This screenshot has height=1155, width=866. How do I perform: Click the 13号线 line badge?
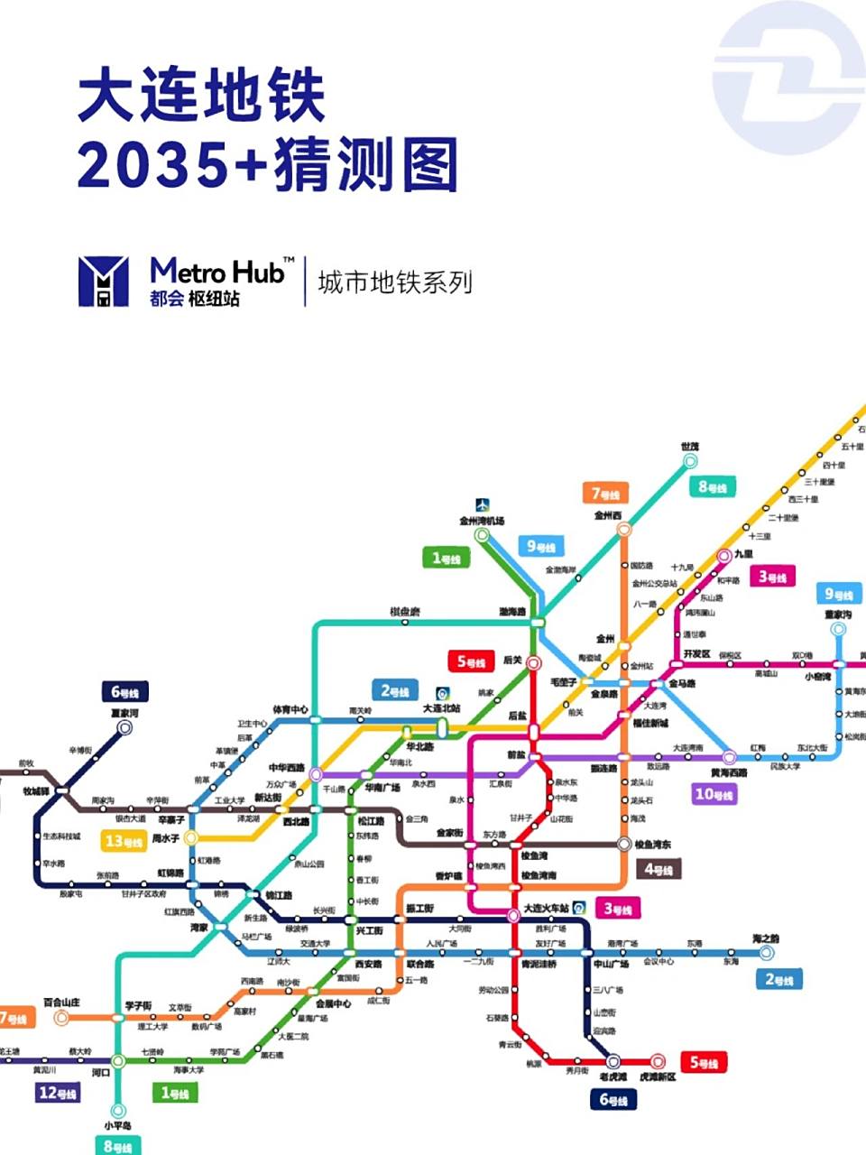[x=124, y=842]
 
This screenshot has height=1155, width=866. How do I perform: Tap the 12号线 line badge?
[x=57, y=1094]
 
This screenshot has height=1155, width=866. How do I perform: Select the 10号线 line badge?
[x=714, y=794]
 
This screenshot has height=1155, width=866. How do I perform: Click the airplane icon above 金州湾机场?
[x=483, y=505]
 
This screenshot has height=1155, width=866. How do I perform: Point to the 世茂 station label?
[x=690, y=446]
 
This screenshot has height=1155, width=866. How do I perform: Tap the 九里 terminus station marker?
[x=723, y=556]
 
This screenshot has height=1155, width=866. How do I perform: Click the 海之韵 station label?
[x=765, y=938]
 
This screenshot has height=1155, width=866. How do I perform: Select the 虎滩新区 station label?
[x=657, y=1077]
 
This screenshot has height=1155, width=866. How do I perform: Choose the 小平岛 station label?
[x=117, y=1125]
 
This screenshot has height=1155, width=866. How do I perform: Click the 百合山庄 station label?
[x=61, y=1003]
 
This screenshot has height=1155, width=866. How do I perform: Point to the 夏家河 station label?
[x=124, y=713]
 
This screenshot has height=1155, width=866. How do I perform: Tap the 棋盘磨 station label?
[x=404, y=612]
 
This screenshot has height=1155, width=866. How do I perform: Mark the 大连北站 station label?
[x=441, y=708]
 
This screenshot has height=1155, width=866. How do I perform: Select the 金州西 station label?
[x=608, y=515]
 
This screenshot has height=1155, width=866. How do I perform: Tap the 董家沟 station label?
[x=837, y=614]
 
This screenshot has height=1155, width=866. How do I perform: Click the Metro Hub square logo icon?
[x=103, y=281]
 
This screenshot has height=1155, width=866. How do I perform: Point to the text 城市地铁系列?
[x=395, y=282]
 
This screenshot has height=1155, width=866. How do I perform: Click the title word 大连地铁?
[x=201, y=97]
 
